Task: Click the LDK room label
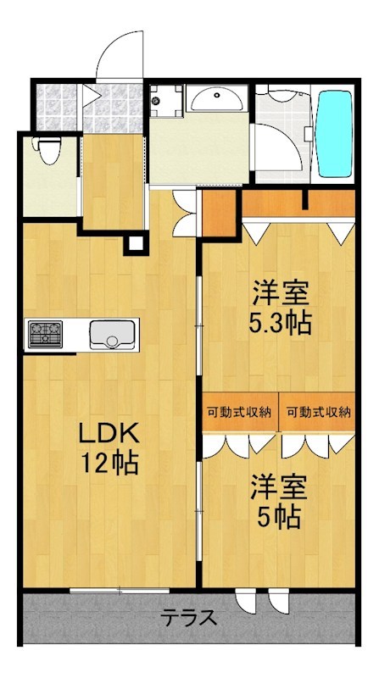click(x=109, y=434)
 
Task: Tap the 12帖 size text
click(x=109, y=463)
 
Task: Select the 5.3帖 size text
click(x=280, y=322)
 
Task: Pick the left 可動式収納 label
click(x=239, y=413)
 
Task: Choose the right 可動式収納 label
click(x=318, y=413)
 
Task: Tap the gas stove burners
click(x=42, y=333)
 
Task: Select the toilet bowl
click(x=49, y=153)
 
